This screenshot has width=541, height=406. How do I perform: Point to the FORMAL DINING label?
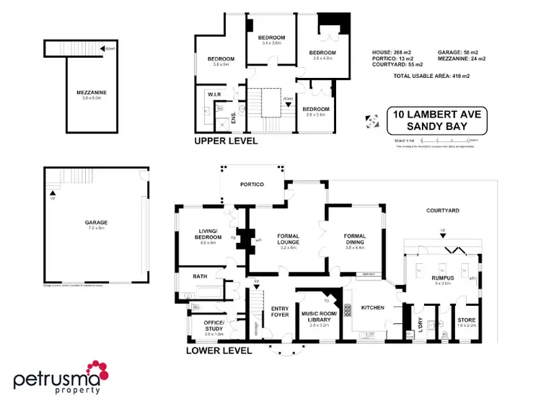click(x=355, y=239)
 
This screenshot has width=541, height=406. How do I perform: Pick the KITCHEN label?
click(x=371, y=308)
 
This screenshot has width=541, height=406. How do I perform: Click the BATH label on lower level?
click(x=200, y=276)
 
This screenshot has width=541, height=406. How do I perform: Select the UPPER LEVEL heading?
click(x=226, y=141)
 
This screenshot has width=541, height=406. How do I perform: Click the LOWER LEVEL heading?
click(x=219, y=351)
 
